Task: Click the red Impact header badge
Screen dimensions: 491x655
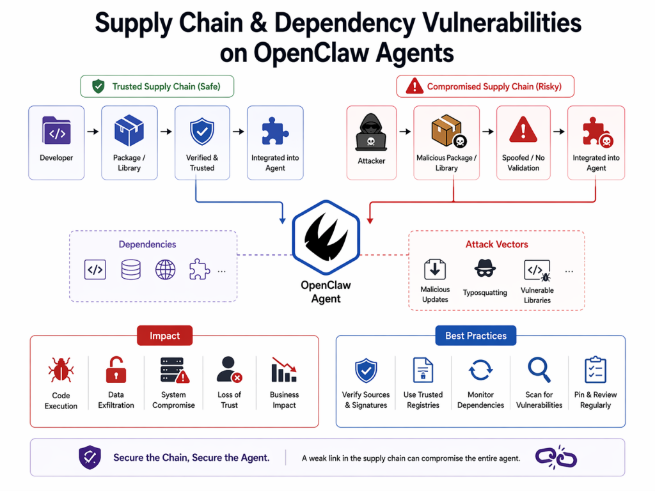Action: tap(164, 336)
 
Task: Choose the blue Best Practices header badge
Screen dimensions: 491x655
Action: tap(476, 336)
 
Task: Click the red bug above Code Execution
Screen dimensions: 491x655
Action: tap(61, 370)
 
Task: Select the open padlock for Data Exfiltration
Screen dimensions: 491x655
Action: tap(116, 370)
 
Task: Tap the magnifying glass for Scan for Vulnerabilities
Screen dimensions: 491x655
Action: tap(539, 370)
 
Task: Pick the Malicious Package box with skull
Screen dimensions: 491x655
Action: tap(447, 132)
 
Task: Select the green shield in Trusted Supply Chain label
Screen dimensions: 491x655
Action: tap(98, 86)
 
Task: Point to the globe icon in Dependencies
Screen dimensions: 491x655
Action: tap(166, 270)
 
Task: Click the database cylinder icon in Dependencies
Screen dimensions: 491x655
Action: tap(130, 270)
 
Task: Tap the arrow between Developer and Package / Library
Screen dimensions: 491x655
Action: tap(93, 132)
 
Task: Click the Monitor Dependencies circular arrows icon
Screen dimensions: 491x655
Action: tap(480, 370)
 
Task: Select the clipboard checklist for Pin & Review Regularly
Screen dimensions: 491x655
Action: tap(596, 370)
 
